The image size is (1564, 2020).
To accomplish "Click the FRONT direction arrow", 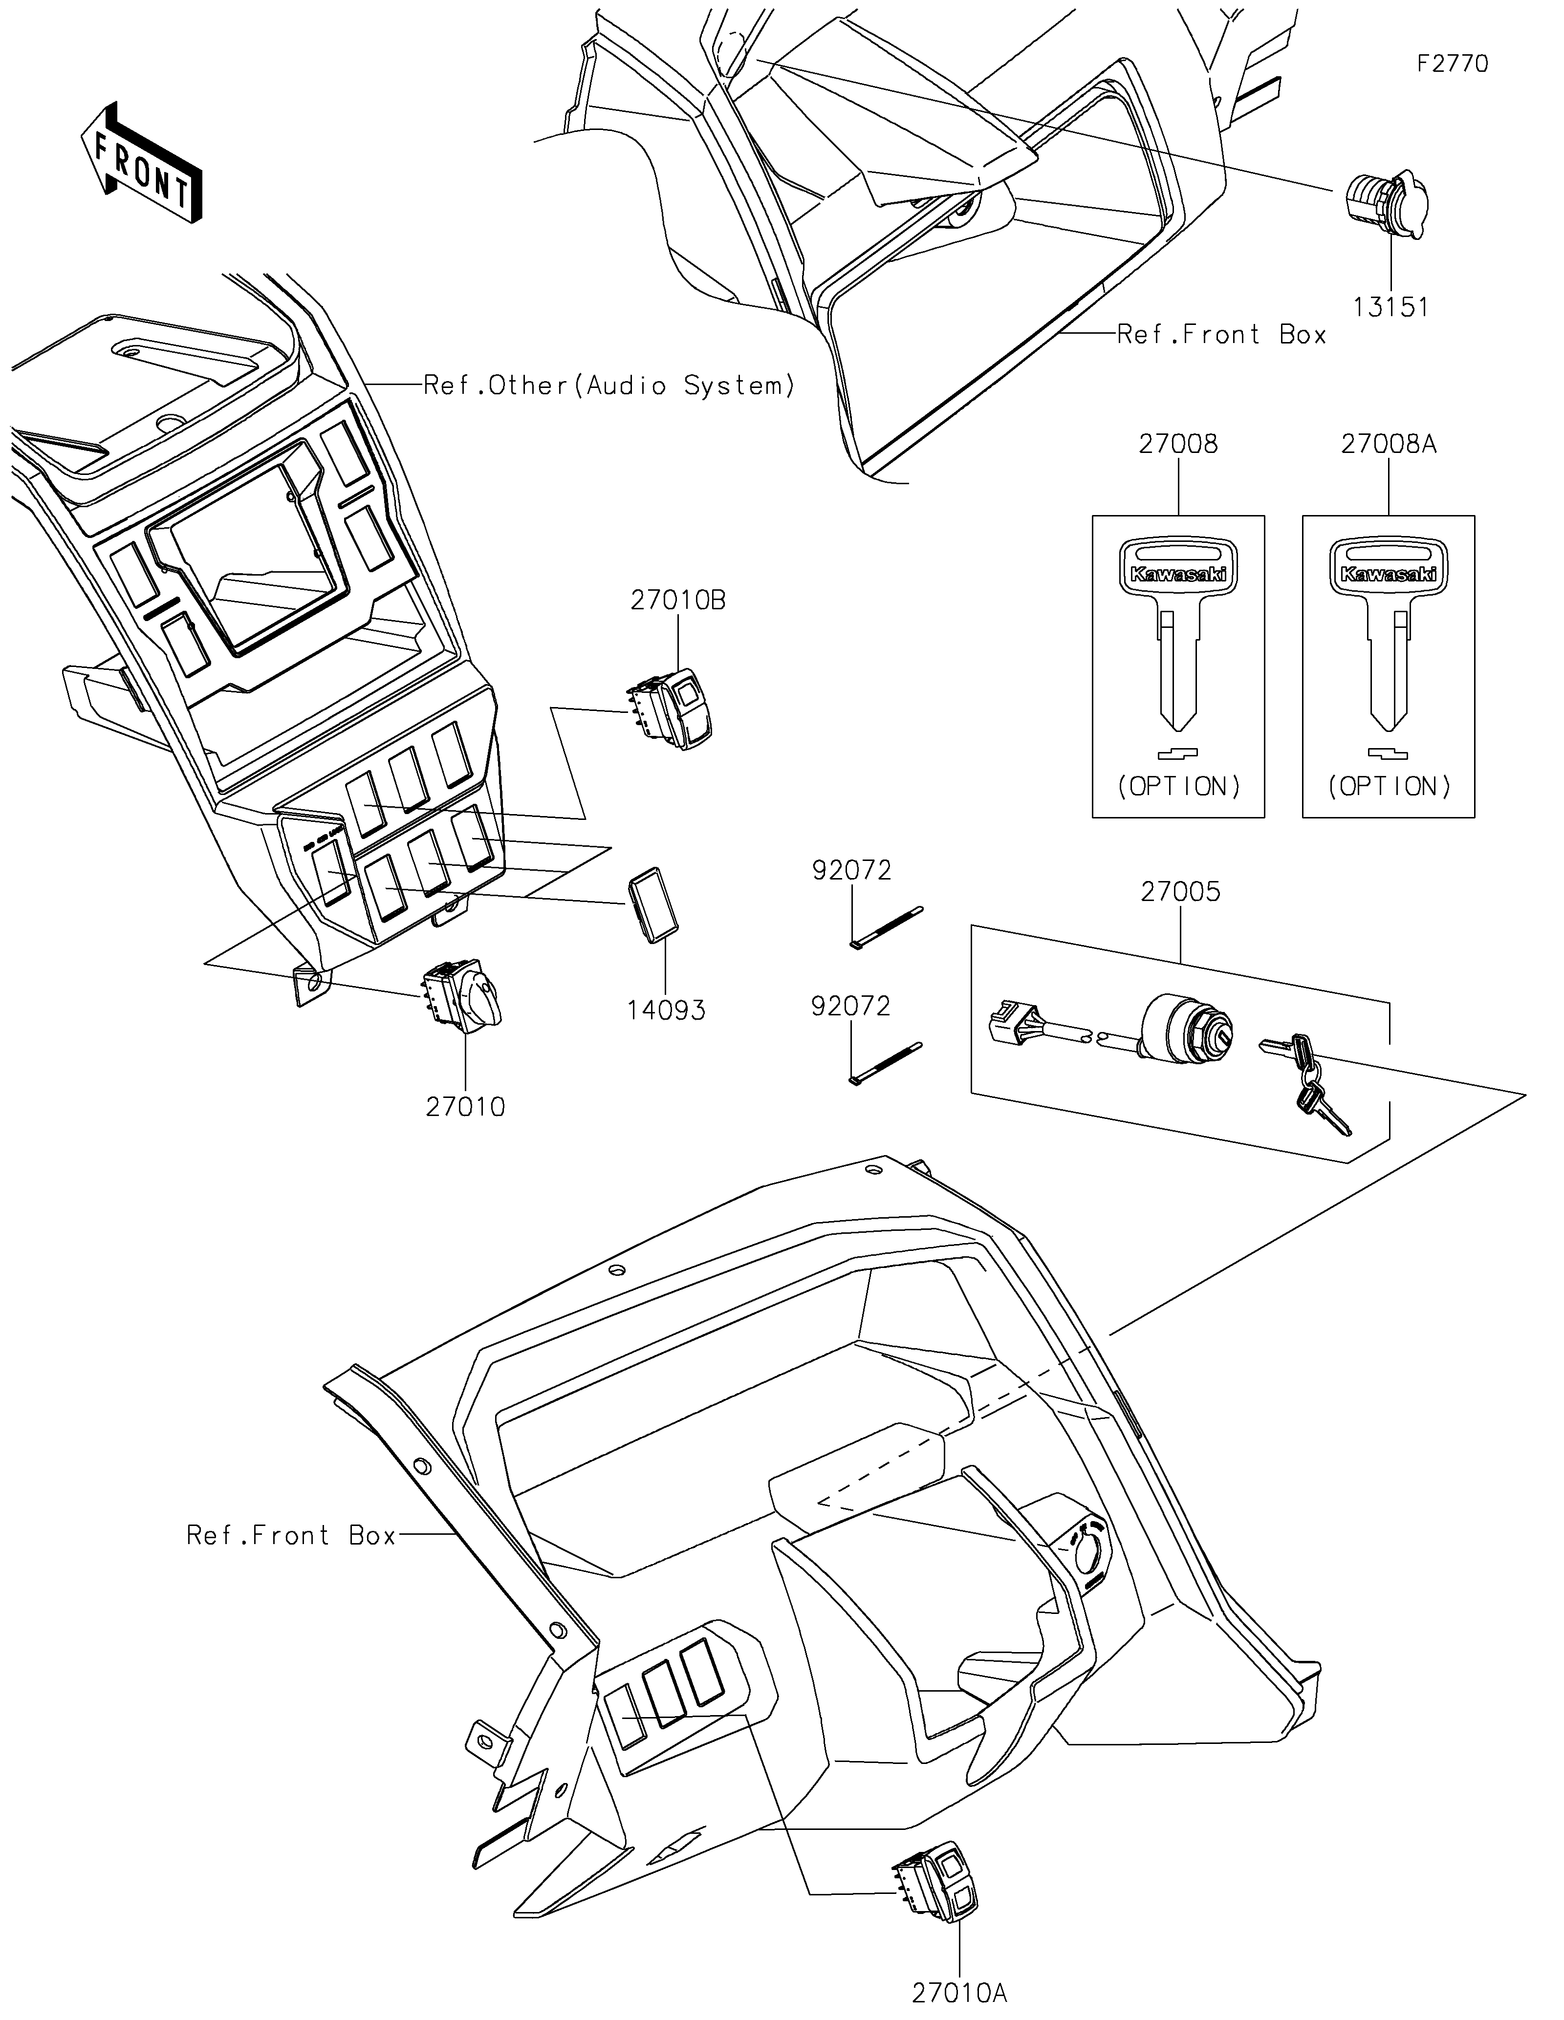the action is (x=142, y=163).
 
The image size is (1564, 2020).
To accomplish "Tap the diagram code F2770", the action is (x=1453, y=64).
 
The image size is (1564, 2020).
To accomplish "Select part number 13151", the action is (x=1391, y=307).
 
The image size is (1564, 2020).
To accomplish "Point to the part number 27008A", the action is (x=1388, y=444).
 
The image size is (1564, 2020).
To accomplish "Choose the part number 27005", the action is (x=1180, y=893).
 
